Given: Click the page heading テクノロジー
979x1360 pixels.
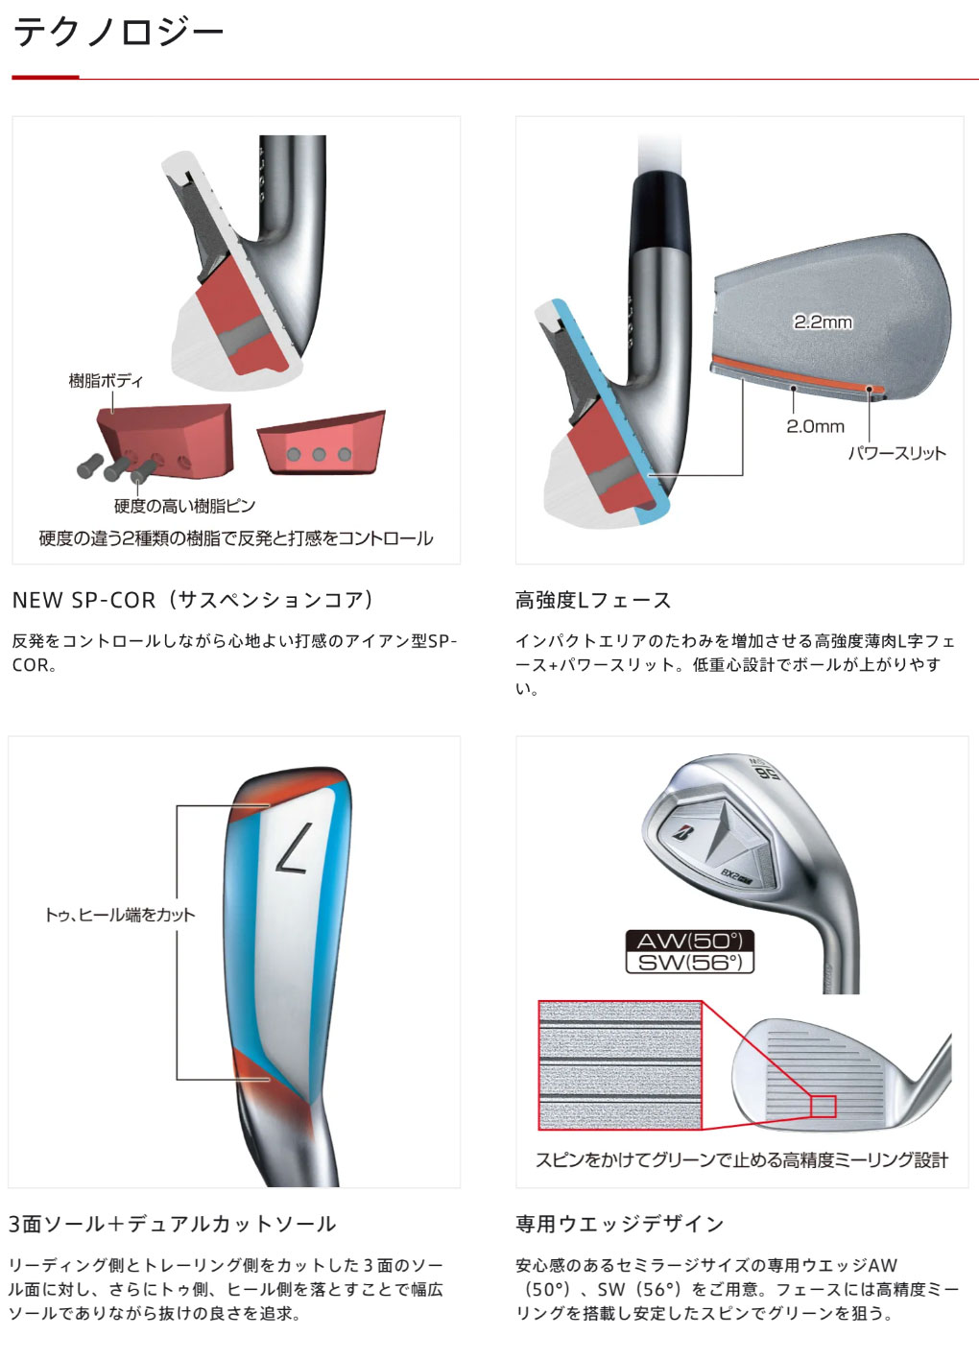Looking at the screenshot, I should (118, 33).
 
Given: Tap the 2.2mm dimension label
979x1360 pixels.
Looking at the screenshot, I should (823, 322).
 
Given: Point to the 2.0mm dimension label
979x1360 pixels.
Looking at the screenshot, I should (815, 426).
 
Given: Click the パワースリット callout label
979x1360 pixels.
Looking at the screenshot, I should (896, 453).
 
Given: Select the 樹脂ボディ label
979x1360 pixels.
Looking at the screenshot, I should (106, 381).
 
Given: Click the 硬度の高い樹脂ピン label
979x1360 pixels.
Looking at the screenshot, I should (184, 506).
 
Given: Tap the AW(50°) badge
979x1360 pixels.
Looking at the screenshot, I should (689, 941).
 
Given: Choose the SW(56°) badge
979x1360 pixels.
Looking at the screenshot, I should (689, 962).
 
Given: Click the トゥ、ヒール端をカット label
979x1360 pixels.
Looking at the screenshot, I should (120, 915).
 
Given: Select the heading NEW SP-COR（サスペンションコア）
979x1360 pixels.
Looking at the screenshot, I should (193, 600).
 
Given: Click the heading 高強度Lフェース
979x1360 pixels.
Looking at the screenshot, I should (593, 600).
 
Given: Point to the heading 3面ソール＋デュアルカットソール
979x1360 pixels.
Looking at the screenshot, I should (173, 1224).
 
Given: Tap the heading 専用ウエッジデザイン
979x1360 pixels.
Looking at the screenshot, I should (620, 1224).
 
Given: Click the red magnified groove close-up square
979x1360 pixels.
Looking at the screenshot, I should (620, 1065).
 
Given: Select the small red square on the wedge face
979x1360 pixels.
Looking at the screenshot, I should (823, 1106).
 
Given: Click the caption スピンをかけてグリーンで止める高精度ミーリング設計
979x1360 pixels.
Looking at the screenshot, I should (741, 1160).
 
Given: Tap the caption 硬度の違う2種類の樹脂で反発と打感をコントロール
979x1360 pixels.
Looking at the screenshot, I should (236, 538).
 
